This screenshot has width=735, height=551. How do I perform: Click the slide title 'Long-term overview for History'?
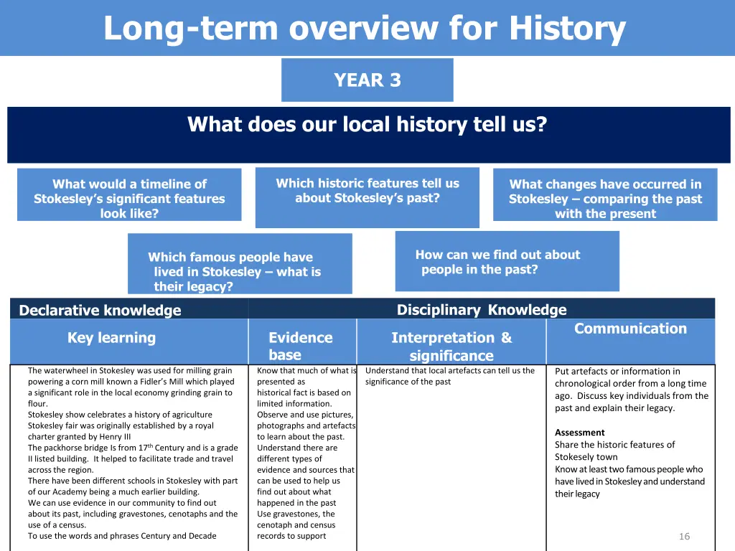[365, 29]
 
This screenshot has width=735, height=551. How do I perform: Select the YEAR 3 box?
[367, 80]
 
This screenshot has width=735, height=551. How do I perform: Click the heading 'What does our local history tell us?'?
[367, 125]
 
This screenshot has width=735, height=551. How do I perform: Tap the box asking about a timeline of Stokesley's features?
[129, 199]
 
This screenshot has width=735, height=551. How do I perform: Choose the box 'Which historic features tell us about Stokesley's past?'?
[367, 191]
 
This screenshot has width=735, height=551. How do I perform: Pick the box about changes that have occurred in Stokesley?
[605, 199]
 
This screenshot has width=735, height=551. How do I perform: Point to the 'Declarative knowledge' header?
[100, 311]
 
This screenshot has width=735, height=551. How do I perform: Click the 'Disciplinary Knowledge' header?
[482, 310]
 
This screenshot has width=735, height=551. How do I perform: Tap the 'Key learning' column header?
[111, 338]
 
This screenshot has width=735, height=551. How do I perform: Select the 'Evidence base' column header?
[300, 346]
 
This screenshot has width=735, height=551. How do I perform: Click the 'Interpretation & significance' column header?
[451, 347]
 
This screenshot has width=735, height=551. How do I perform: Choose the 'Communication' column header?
[630, 329]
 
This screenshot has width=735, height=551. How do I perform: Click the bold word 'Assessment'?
[579, 433]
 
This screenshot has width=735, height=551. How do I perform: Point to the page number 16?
[684, 537]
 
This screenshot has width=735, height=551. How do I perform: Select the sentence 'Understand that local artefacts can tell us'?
[449, 371]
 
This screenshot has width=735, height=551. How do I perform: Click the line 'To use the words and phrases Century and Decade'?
[122, 536]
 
